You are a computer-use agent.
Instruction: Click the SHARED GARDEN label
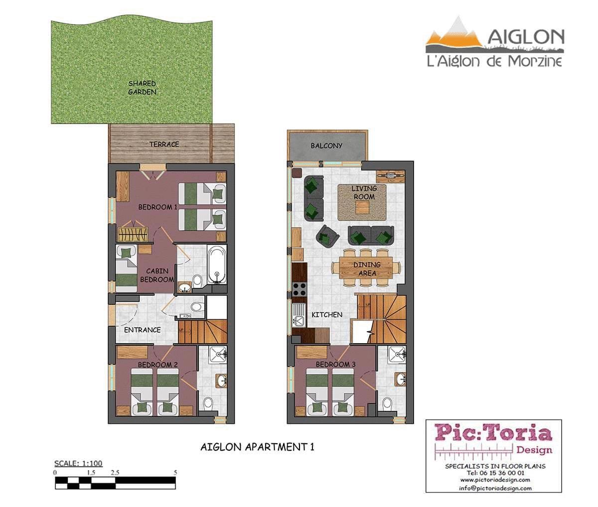point(142,88)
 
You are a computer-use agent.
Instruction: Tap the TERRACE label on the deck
point(164,144)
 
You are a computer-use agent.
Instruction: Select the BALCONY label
point(326,146)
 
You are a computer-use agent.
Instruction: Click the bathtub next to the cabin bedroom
point(217,264)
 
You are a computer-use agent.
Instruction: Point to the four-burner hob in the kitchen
point(299,289)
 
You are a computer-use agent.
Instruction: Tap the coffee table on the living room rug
point(362,208)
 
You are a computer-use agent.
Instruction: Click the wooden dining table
point(366,268)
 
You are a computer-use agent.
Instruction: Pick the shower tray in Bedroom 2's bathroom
point(218,354)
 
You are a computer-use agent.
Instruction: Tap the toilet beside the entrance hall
point(197,307)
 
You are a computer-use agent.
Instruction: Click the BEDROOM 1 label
point(157,207)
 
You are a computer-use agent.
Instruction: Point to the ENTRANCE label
point(142,330)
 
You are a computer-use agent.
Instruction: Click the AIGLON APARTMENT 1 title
point(257,447)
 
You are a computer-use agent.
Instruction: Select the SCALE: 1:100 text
point(78,463)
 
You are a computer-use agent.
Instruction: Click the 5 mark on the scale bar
point(175,473)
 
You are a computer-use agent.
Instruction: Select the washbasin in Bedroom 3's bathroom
point(401,379)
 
